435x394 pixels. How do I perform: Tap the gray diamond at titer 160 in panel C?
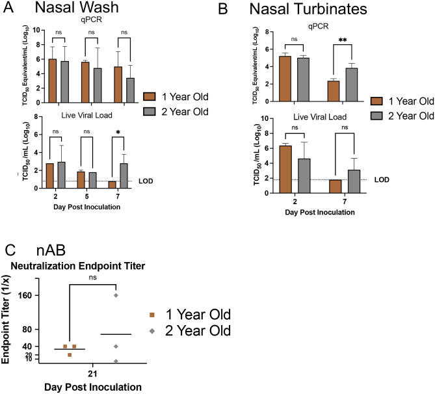116,295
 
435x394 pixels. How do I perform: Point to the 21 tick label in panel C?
92,373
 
